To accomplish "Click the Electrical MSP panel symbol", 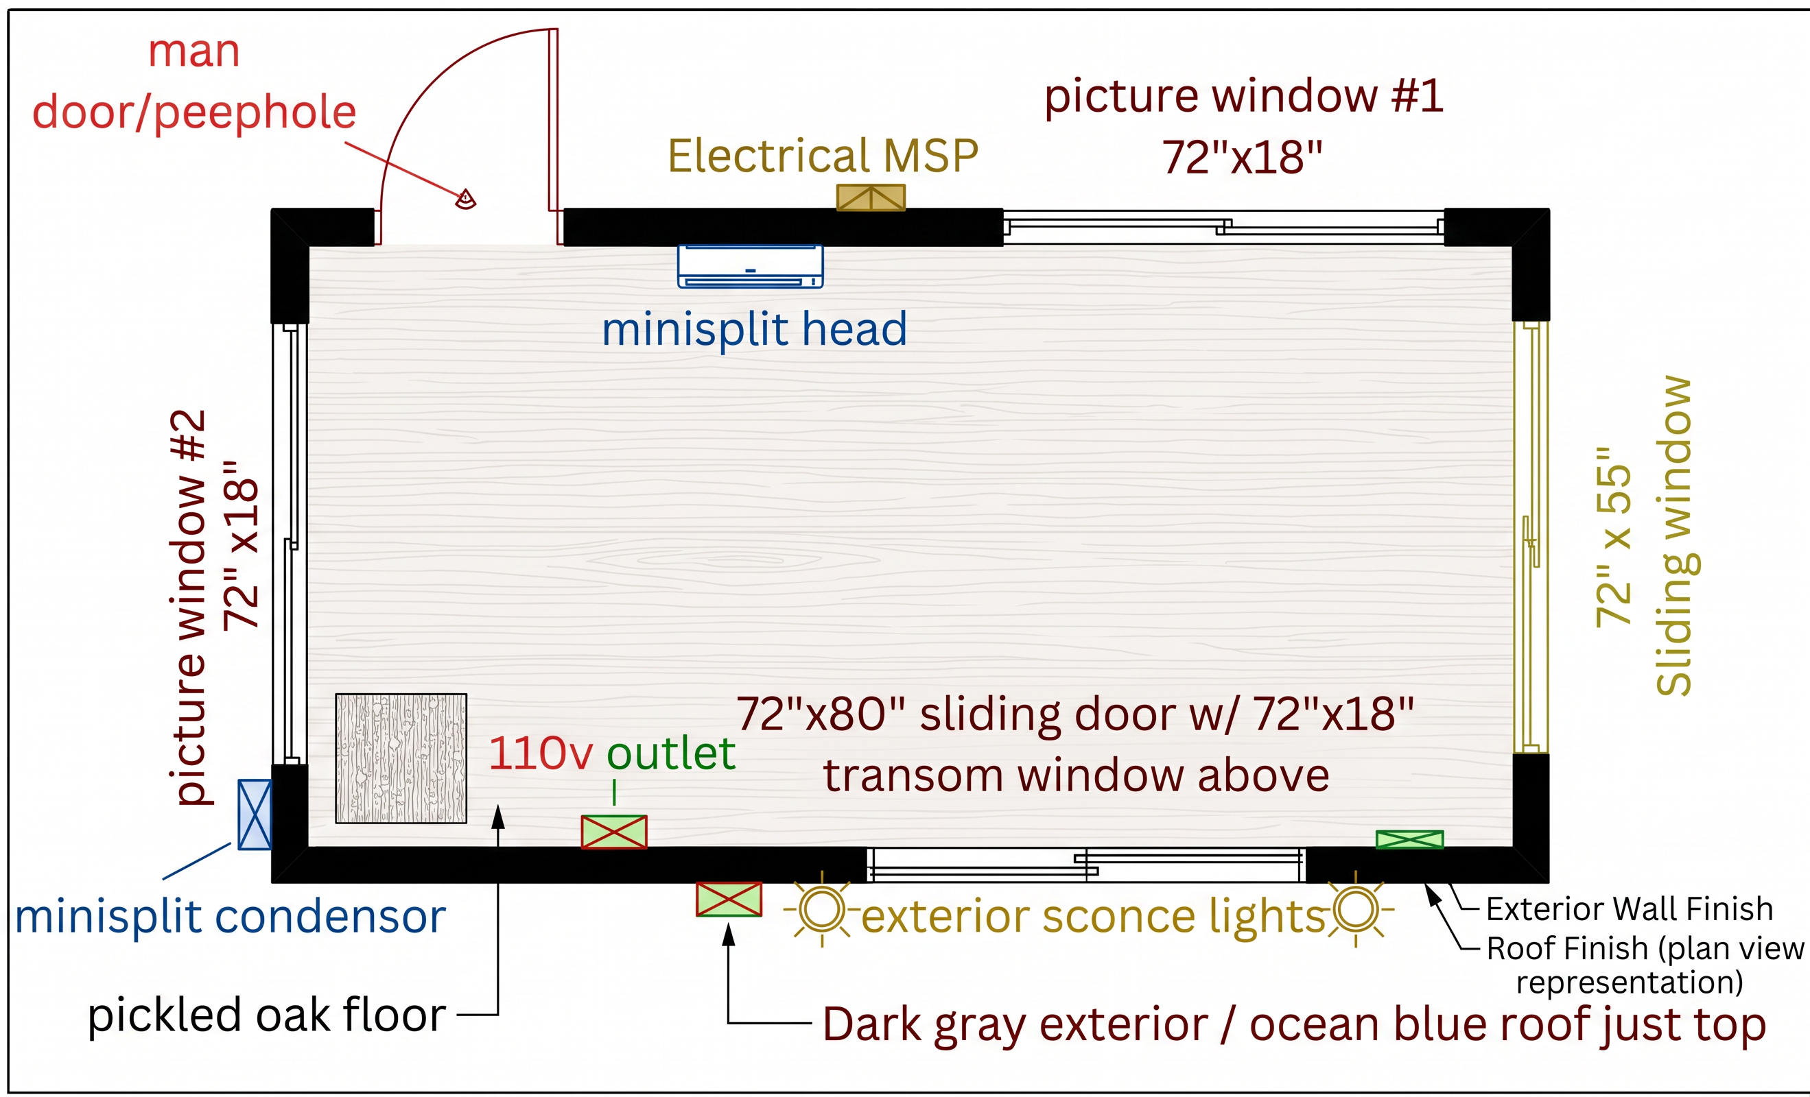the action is [x=871, y=197].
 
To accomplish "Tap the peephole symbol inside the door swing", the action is [x=466, y=199].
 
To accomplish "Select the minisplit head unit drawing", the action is [x=750, y=266].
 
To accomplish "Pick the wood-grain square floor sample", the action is [x=401, y=758].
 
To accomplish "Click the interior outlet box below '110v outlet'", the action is [x=614, y=832].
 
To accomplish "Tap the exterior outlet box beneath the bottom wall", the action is [x=729, y=900].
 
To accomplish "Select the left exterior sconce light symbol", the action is [x=822, y=910].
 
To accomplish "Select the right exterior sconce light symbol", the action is [x=1356, y=910].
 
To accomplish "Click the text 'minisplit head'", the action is [x=755, y=329].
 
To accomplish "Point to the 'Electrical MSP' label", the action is [x=823, y=156].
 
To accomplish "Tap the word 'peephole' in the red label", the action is [x=255, y=114].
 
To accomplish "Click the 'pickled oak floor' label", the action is [x=267, y=1016].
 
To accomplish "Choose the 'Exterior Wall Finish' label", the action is [x=1630, y=909].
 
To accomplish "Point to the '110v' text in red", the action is [x=541, y=754].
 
